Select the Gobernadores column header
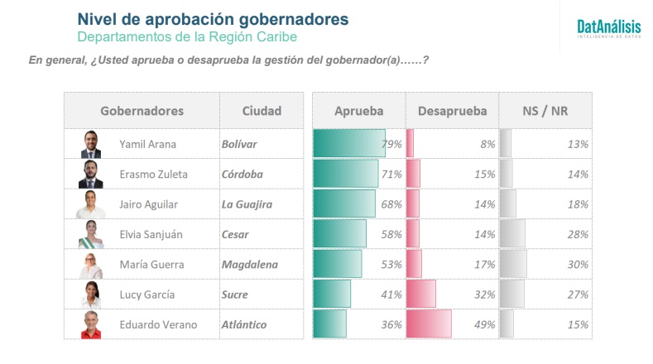[x=142, y=111]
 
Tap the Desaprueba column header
[x=452, y=111]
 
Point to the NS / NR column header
[x=545, y=111]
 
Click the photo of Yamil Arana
[x=91, y=144]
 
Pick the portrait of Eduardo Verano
[x=91, y=324]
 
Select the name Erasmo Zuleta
[x=152, y=174]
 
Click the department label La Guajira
[x=247, y=204]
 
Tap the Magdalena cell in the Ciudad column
[x=249, y=264]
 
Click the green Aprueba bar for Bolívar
[x=348, y=144]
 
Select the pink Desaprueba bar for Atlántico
[x=428, y=324]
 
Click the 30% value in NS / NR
[x=578, y=264]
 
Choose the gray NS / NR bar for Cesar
[x=512, y=234]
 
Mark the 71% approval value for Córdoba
[x=391, y=174]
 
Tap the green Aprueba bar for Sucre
[x=331, y=294]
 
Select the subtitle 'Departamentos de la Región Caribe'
[x=186, y=37]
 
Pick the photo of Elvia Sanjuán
[x=91, y=234]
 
